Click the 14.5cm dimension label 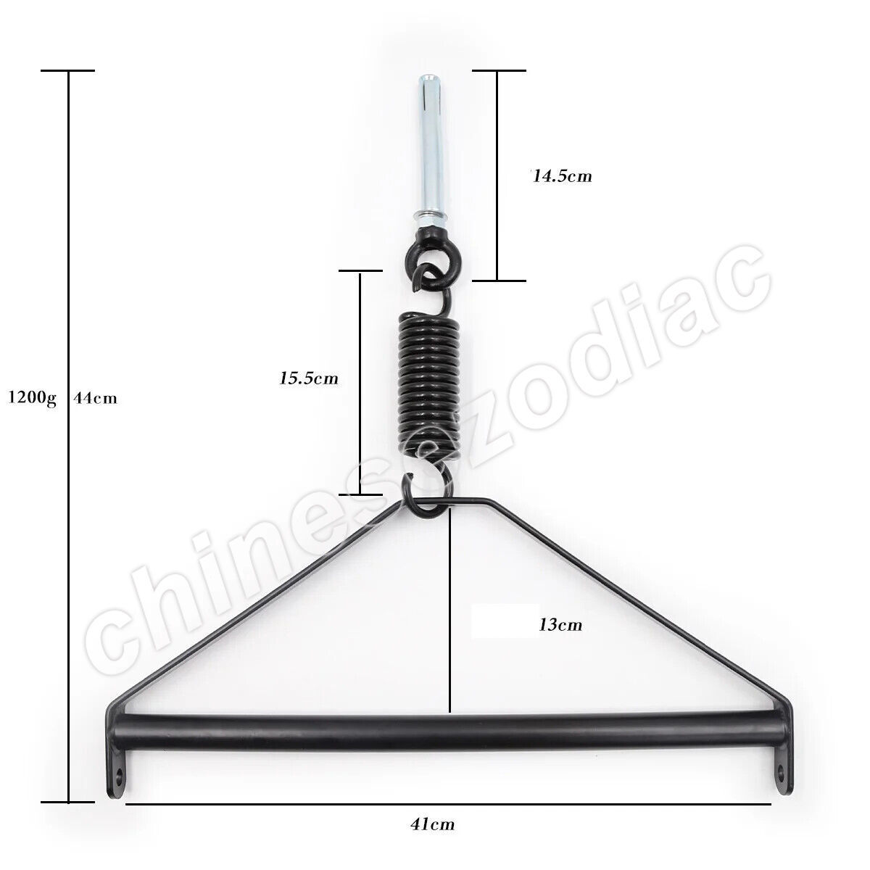(561, 175)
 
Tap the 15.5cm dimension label (309, 378)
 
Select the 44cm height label (95, 398)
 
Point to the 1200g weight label (32, 399)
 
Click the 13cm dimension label (560, 625)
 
